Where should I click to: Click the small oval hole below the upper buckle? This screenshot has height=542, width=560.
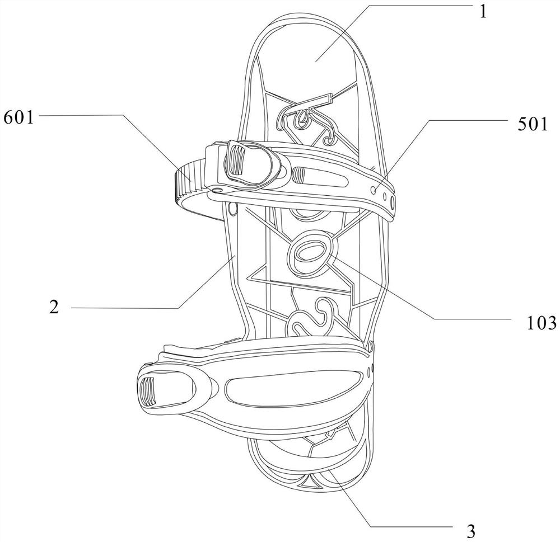coord(232,209)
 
